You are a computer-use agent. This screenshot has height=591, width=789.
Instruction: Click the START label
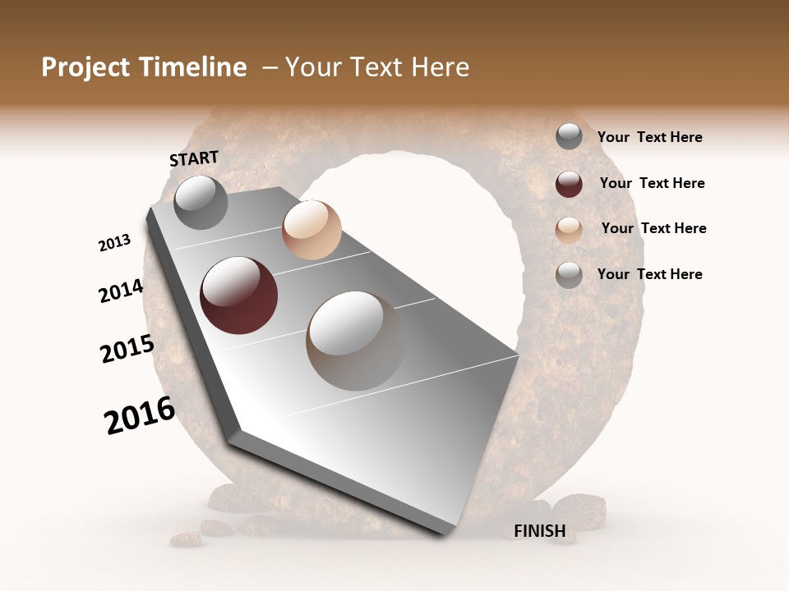194,158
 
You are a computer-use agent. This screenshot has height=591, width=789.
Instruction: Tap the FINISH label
539,531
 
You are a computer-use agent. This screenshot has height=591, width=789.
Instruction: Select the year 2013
115,243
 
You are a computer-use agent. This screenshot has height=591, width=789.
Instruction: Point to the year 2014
121,291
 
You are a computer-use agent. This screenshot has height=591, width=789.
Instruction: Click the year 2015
127,350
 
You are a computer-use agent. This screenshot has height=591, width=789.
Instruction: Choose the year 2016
140,415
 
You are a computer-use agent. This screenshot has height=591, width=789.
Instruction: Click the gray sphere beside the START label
201,202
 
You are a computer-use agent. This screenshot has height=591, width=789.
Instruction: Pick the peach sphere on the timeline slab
311,230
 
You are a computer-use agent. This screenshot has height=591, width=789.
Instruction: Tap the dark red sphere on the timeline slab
238,295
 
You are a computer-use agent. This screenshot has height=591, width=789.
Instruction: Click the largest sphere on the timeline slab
355,341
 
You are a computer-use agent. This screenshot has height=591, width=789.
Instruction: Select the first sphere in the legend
569,136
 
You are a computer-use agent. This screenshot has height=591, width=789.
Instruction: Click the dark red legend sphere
569,184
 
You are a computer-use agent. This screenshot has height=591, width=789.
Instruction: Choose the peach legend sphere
569,230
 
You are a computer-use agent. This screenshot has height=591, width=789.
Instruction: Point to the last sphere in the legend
569,275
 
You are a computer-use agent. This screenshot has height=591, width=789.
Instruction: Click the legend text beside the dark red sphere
652,183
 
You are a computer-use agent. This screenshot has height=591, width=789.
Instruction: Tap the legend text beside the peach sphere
653,228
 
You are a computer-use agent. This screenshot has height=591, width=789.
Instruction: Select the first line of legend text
649,137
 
